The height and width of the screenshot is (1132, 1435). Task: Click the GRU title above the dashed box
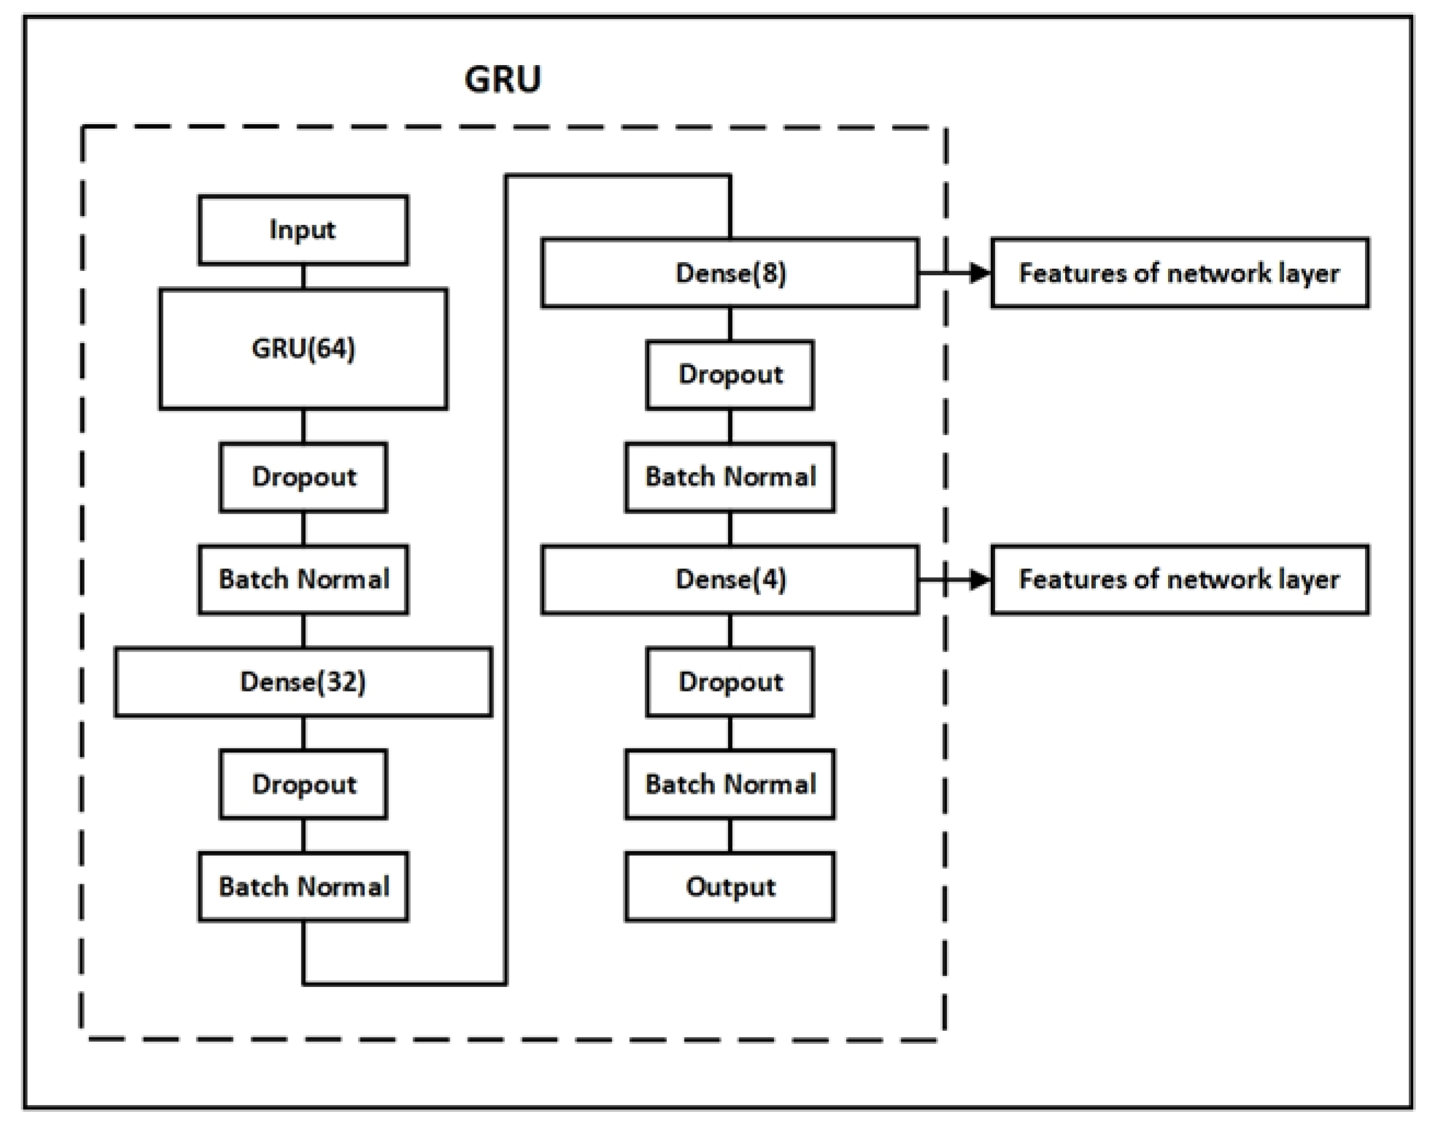[x=502, y=79]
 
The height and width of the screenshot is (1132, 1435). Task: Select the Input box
[x=303, y=230]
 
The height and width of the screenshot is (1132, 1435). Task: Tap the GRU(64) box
[x=303, y=349]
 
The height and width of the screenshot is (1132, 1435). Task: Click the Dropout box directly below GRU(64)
[x=303, y=477]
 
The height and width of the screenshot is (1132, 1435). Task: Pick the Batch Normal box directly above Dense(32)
[x=303, y=580]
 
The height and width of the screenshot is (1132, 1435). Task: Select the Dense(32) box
[x=303, y=682]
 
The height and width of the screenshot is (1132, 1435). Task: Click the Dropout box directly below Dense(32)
[x=303, y=785]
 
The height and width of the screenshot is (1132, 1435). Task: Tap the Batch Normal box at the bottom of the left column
[x=303, y=887]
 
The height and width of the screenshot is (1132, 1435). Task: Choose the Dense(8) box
[x=730, y=273]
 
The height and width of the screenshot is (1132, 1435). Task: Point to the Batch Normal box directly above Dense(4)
[x=730, y=477]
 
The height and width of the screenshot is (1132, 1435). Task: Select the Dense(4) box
[x=730, y=580]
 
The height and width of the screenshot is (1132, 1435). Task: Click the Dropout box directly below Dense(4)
[x=730, y=682]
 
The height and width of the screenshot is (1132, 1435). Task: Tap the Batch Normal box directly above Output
[x=730, y=785]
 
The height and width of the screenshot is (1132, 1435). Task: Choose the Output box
[x=730, y=887]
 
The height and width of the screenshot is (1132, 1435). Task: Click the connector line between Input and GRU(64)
[x=303, y=276]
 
